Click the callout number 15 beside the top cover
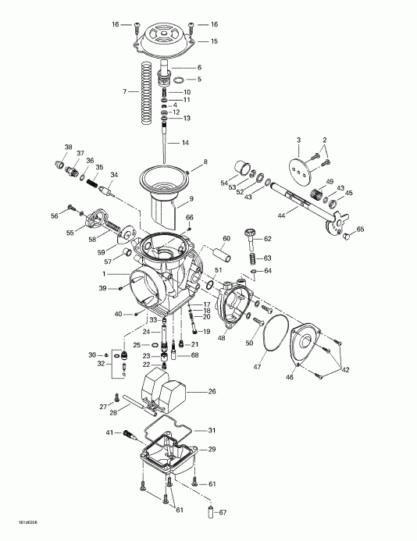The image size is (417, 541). point(214,41)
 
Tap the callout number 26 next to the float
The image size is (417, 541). point(213,392)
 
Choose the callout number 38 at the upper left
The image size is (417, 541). point(68,148)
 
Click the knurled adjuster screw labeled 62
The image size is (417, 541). point(251,233)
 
